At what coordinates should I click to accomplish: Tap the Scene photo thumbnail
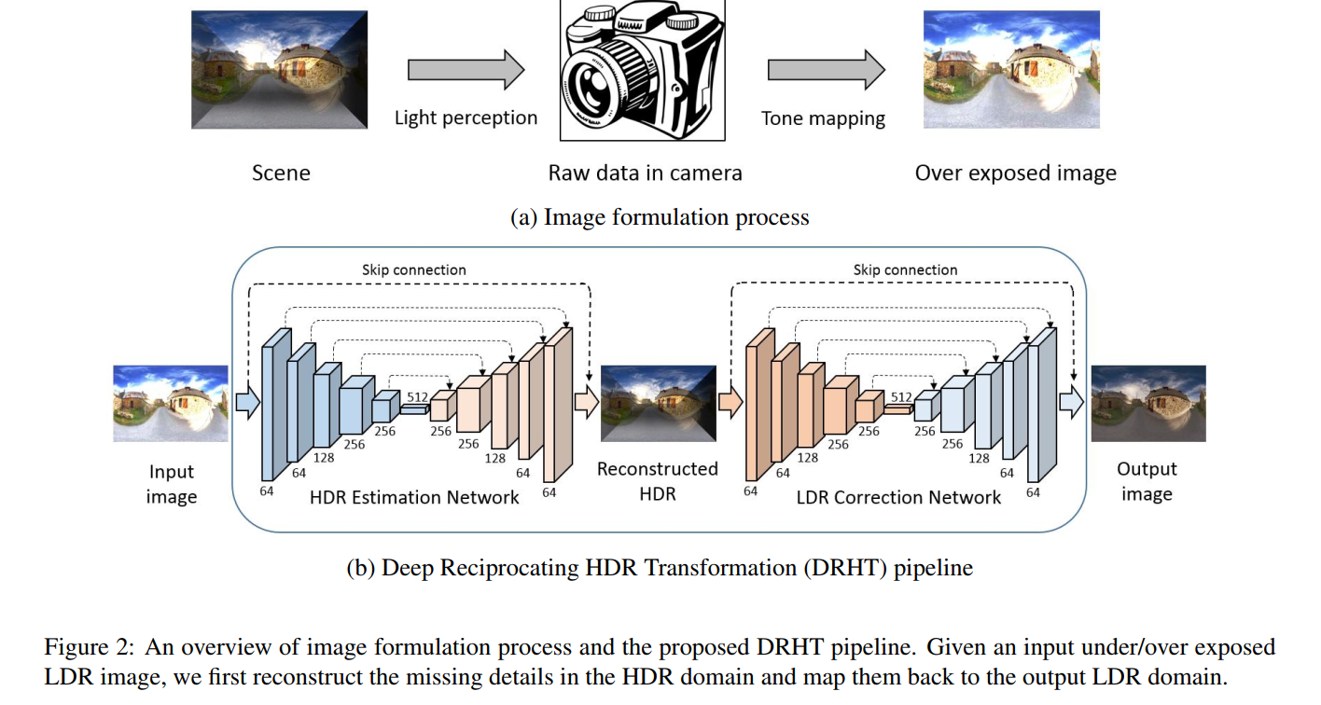pyautogui.click(x=279, y=70)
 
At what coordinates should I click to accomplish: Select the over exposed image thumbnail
pyautogui.click(x=1010, y=70)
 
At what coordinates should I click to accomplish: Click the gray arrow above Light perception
pyautogui.click(x=466, y=71)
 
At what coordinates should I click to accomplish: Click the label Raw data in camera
pyautogui.click(x=645, y=173)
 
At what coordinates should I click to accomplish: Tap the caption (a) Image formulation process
pyautogui.click(x=660, y=217)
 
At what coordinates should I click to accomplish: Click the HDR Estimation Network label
pyautogui.click(x=414, y=497)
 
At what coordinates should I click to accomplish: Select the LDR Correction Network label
pyautogui.click(x=898, y=497)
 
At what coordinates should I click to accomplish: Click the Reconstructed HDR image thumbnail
pyautogui.click(x=659, y=403)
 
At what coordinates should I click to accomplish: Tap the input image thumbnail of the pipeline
pyautogui.click(x=171, y=403)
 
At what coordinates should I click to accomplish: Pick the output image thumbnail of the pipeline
pyautogui.click(x=1148, y=403)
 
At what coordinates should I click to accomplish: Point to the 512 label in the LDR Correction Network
pyautogui.click(x=900, y=397)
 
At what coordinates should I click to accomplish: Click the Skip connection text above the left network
pyautogui.click(x=414, y=270)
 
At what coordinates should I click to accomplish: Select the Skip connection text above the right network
pyautogui.click(x=905, y=270)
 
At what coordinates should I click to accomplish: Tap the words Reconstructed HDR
pyautogui.click(x=658, y=480)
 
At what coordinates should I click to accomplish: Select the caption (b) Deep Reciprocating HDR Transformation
pyautogui.click(x=660, y=567)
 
